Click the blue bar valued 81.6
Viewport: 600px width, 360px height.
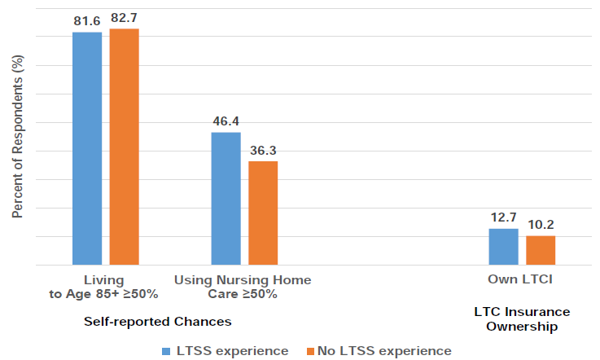pyautogui.click(x=87, y=148)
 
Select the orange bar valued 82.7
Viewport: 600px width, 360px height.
pyautogui.click(x=125, y=147)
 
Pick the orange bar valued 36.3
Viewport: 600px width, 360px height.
pyautogui.click(x=263, y=213)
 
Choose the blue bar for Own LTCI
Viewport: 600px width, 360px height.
pyautogui.click(x=503, y=247)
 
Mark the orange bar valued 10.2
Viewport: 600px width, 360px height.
pyautogui.click(x=541, y=250)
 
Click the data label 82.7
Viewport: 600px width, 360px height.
pyautogui.click(x=125, y=17)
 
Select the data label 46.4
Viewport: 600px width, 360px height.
pyautogui.click(x=226, y=121)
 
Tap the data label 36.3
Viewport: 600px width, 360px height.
pyautogui.click(x=263, y=150)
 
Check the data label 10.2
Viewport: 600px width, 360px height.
pyautogui.click(x=541, y=224)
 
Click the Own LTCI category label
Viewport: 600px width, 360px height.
pyautogui.click(x=522, y=280)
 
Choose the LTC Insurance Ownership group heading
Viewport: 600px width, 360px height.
pyautogui.click(x=522, y=319)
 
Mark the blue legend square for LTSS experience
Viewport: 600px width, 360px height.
pyautogui.click(x=165, y=351)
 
